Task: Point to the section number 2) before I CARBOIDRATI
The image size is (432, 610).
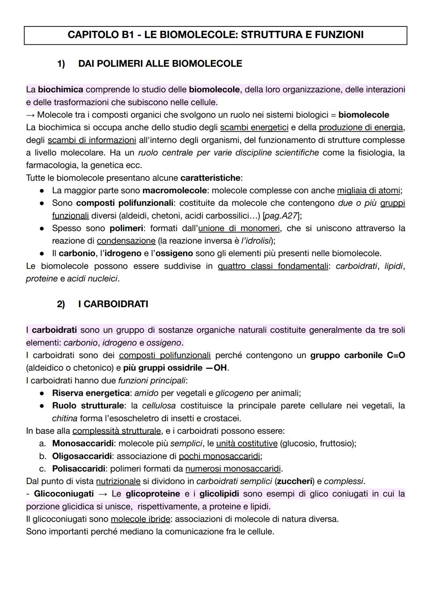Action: click(61, 304)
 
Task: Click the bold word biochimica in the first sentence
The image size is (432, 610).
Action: click(60, 90)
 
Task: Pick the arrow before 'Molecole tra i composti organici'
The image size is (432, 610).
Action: click(30, 115)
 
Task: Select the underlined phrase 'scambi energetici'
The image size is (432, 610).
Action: click(254, 128)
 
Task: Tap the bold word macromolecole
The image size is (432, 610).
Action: click(174, 191)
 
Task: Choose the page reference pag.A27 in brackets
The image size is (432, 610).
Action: click(282, 216)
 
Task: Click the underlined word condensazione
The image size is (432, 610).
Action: click(126, 241)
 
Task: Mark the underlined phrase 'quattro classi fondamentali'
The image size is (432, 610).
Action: click(273, 266)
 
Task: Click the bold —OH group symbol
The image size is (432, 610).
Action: click(216, 368)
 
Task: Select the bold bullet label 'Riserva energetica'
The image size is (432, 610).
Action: click(91, 393)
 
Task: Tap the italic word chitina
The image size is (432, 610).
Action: click(64, 419)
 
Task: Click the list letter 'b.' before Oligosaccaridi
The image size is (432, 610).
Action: click(43, 456)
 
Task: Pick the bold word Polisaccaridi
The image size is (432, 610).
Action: click(78, 469)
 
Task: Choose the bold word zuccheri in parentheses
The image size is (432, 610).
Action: click(294, 481)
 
